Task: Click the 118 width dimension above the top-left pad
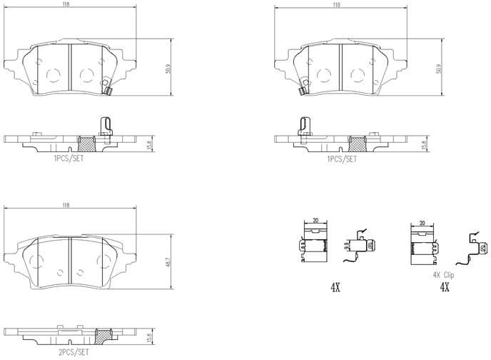(x=66, y=4)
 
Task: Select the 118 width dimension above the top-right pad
(x=335, y=4)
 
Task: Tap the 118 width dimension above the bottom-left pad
(x=66, y=205)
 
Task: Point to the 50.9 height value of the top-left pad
(x=168, y=69)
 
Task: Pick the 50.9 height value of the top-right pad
(x=438, y=69)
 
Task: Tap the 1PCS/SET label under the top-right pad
(x=340, y=159)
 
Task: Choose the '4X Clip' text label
(x=443, y=274)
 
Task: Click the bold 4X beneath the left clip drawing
(x=335, y=286)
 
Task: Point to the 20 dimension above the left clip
(x=314, y=222)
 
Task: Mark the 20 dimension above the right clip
(x=422, y=222)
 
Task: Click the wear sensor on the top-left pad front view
(x=106, y=91)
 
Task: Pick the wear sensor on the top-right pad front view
(x=305, y=91)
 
